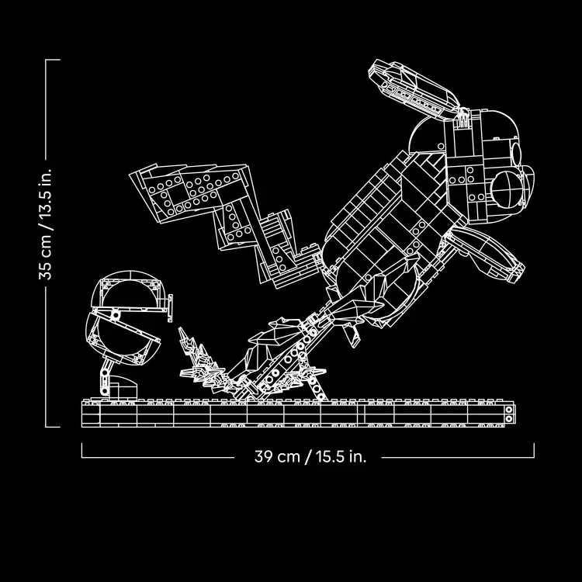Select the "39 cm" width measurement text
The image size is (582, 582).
pyautogui.click(x=277, y=456)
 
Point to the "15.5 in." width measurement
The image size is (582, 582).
pyautogui.click(x=341, y=456)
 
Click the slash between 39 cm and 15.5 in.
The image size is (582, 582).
pyautogui.click(x=308, y=457)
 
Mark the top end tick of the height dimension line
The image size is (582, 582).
pyautogui.click(x=53, y=60)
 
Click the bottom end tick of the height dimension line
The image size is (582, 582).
pyautogui.click(x=53, y=427)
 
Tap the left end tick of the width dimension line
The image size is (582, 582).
pyautogui.click(x=82, y=450)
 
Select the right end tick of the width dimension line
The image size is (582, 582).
pyautogui.click(x=534, y=450)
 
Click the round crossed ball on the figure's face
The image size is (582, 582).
pyautogui.click(x=508, y=189)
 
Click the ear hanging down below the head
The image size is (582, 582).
pyautogui.click(x=487, y=251)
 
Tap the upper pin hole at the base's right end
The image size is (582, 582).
pyautogui.click(x=509, y=410)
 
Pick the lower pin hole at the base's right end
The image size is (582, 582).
pyautogui.click(x=509, y=419)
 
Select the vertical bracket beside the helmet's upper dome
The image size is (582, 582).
pyautogui.click(x=170, y=308)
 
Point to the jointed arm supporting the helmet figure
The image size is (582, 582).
pyautogui.click(x=106, y=376)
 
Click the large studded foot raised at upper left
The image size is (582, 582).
pyautogui.click(x=189, y=193)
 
